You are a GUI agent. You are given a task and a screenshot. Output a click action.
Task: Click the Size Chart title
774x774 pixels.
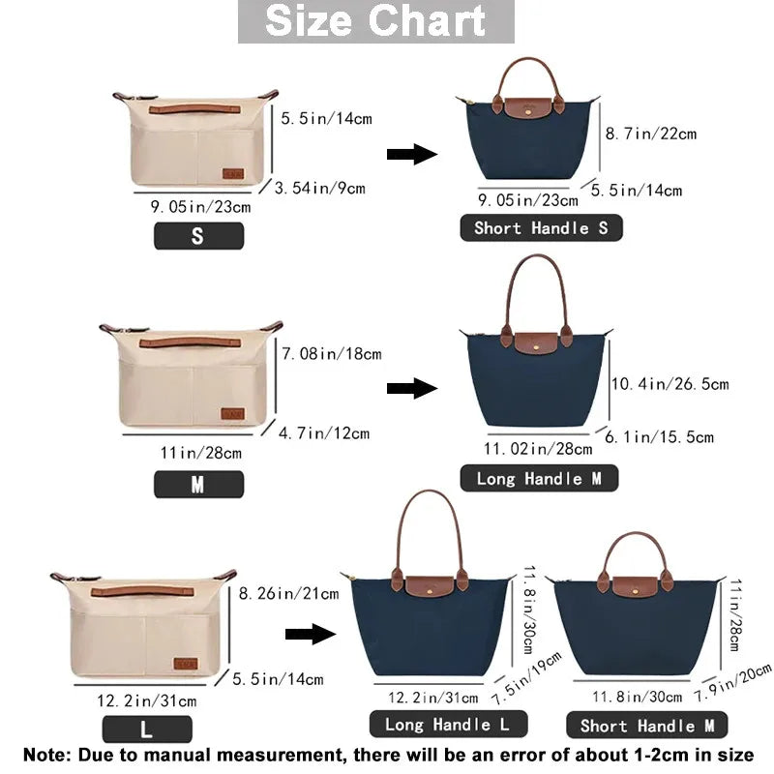tap(376, 21)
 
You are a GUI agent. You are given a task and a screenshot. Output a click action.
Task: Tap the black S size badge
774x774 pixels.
tap(198, 235)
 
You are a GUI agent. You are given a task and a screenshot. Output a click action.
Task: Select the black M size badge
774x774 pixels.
tap(198, 485)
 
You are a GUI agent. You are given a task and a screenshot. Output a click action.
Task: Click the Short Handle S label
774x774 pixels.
tap(540, 228)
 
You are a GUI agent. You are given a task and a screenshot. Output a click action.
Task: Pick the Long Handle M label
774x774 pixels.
tap(547, 478)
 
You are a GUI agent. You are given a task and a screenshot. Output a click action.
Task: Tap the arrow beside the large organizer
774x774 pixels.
tap(310, 634)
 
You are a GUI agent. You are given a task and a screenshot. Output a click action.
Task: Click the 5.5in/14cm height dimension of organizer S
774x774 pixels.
tap(326, 119)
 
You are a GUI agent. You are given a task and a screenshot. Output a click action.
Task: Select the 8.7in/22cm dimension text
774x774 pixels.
tap(650, 134)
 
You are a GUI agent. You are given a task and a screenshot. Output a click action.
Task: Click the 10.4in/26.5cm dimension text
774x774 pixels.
tap(670, 384)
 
